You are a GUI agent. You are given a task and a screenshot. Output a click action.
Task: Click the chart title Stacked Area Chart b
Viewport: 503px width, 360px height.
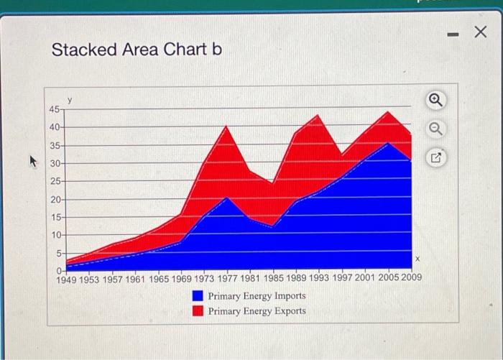click(x=137, y=50)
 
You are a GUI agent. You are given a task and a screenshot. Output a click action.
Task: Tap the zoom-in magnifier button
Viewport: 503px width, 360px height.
click(x=435, y=100)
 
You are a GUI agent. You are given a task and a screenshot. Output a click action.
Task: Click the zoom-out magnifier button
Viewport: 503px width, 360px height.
click(x=435, y=129)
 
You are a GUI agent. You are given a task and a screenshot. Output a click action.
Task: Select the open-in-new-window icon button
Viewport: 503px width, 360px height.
click(x=435, y=157)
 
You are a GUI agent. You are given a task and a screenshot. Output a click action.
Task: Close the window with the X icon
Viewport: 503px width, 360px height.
click(x=480, y=32)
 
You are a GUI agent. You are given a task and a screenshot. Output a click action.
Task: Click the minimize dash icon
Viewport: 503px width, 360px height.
click(x=453, y=34)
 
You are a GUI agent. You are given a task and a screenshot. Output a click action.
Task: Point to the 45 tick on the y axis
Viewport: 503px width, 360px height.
click(x=54, y=110)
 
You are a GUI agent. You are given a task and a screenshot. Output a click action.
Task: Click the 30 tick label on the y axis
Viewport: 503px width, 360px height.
click(x=55, y=164)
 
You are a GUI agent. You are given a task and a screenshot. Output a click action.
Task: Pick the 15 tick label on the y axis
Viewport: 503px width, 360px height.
click(x=56, y=217)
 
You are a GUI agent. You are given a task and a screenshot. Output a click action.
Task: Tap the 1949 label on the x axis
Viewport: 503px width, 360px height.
click(x=66, y=280)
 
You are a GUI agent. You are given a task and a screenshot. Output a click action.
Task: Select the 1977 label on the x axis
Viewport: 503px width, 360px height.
click(x=228, y=279)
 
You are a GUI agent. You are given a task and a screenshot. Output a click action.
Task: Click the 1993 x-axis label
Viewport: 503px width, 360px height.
click(x=319, y=277)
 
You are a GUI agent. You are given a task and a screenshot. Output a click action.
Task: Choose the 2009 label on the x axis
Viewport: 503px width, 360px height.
click(x=411, y=277)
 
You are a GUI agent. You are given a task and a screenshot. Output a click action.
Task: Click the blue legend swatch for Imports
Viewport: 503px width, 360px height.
click(x=198, y=296)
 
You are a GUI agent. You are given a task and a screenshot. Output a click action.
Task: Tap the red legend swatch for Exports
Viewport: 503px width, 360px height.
click(x=198, y=310)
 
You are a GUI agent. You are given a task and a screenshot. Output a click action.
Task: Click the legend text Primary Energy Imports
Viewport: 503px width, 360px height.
click(x=257, y=296)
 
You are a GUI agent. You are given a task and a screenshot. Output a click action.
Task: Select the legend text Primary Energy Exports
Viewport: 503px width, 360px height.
click(x=257, y=311)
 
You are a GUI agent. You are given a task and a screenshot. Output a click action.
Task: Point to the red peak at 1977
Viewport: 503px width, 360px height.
click(x=226, y=126)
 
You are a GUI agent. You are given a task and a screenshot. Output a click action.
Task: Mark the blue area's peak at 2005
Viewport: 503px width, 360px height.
click(x=388, y=143)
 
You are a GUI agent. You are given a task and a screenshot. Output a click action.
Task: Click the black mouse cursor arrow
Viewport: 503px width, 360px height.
click(x=33, y=161)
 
